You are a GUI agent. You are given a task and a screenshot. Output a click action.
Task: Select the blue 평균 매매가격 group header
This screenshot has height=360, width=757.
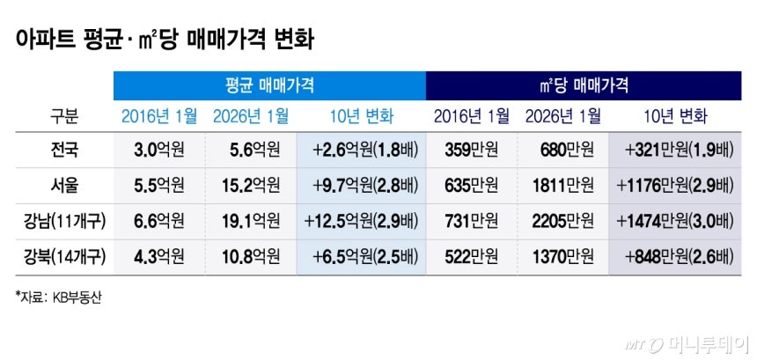click(x=268, y=85)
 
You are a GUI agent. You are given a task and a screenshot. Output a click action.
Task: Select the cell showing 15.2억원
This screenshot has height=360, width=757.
click(x=253, y=185)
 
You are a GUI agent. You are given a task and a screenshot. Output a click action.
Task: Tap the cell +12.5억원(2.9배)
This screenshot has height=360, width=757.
click(x=360, y=221)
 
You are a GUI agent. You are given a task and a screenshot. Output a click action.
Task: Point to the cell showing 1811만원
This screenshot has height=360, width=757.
click(x=562, y=185)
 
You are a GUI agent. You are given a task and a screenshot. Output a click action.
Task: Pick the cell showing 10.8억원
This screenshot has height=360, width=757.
click(x=253, y=257)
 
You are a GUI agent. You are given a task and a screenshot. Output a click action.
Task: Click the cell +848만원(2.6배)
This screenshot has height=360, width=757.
click(x=678, y=257)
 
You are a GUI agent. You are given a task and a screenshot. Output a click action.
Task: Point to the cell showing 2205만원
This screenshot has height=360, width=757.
click(x=562, y=221)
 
